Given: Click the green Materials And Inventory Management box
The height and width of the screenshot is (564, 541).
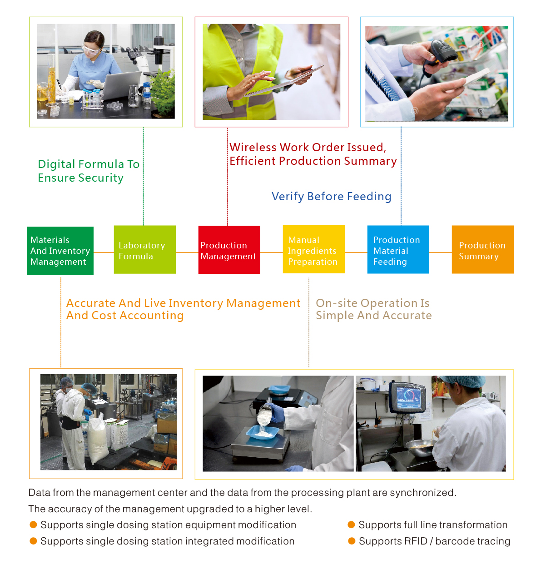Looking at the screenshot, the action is point(60,250).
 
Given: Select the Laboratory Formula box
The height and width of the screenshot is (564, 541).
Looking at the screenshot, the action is point(144,249).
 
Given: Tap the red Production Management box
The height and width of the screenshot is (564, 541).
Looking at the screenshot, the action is point(229,250).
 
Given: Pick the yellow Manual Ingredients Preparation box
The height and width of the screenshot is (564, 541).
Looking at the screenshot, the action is point(314,249).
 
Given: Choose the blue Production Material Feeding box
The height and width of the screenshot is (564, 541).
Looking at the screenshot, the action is point(398,249).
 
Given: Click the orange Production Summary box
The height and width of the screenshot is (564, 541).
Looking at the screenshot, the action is point(483,249).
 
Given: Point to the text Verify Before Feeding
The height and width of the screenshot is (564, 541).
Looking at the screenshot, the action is point(332,196).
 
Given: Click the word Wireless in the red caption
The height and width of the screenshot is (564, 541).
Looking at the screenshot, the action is point(253,147).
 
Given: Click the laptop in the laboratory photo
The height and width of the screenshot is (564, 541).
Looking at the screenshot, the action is point(121,85).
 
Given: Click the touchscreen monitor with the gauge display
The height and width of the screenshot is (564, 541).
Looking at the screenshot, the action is point(407,397).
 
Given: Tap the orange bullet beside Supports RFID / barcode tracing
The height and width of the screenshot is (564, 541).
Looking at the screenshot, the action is point(352,541).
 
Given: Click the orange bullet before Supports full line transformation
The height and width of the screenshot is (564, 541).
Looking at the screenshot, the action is point(351,524).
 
